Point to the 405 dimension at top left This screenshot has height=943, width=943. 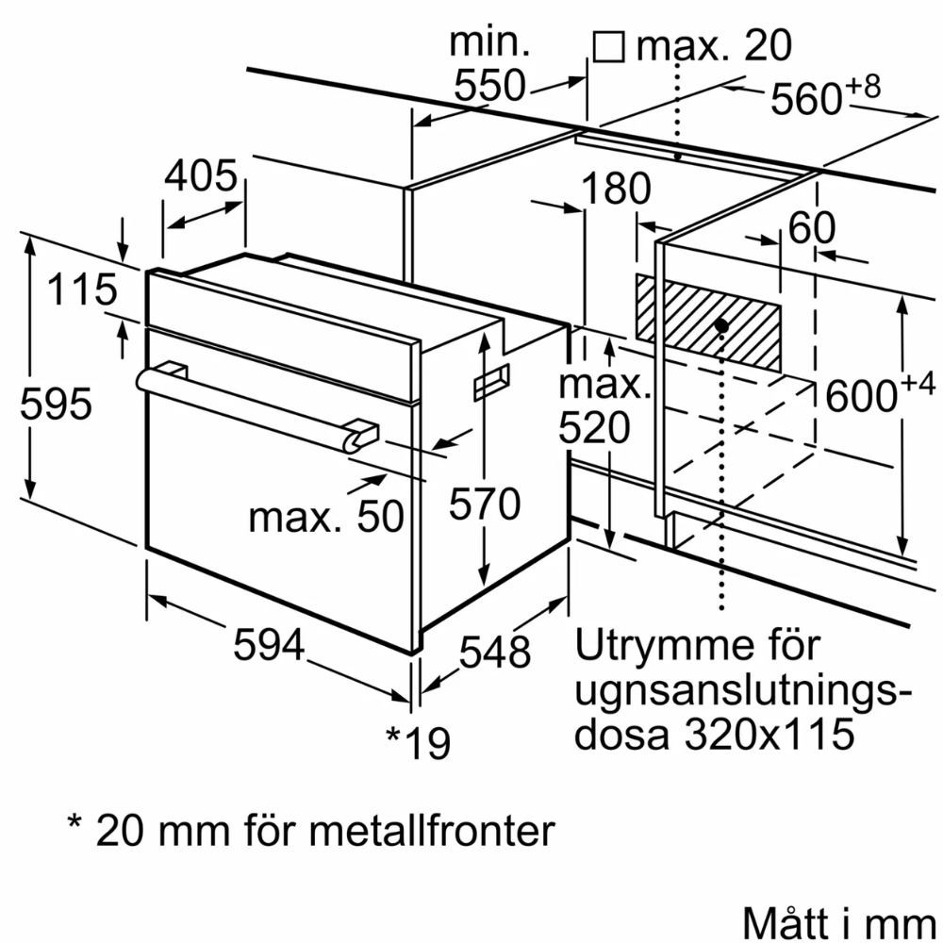200,176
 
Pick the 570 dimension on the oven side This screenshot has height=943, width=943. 484,505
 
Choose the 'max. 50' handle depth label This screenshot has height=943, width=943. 326,516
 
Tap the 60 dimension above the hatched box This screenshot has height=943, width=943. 812,228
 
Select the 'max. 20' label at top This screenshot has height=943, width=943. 715,44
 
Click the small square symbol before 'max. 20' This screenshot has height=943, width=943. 609,46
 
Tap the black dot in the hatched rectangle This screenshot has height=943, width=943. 721,325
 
